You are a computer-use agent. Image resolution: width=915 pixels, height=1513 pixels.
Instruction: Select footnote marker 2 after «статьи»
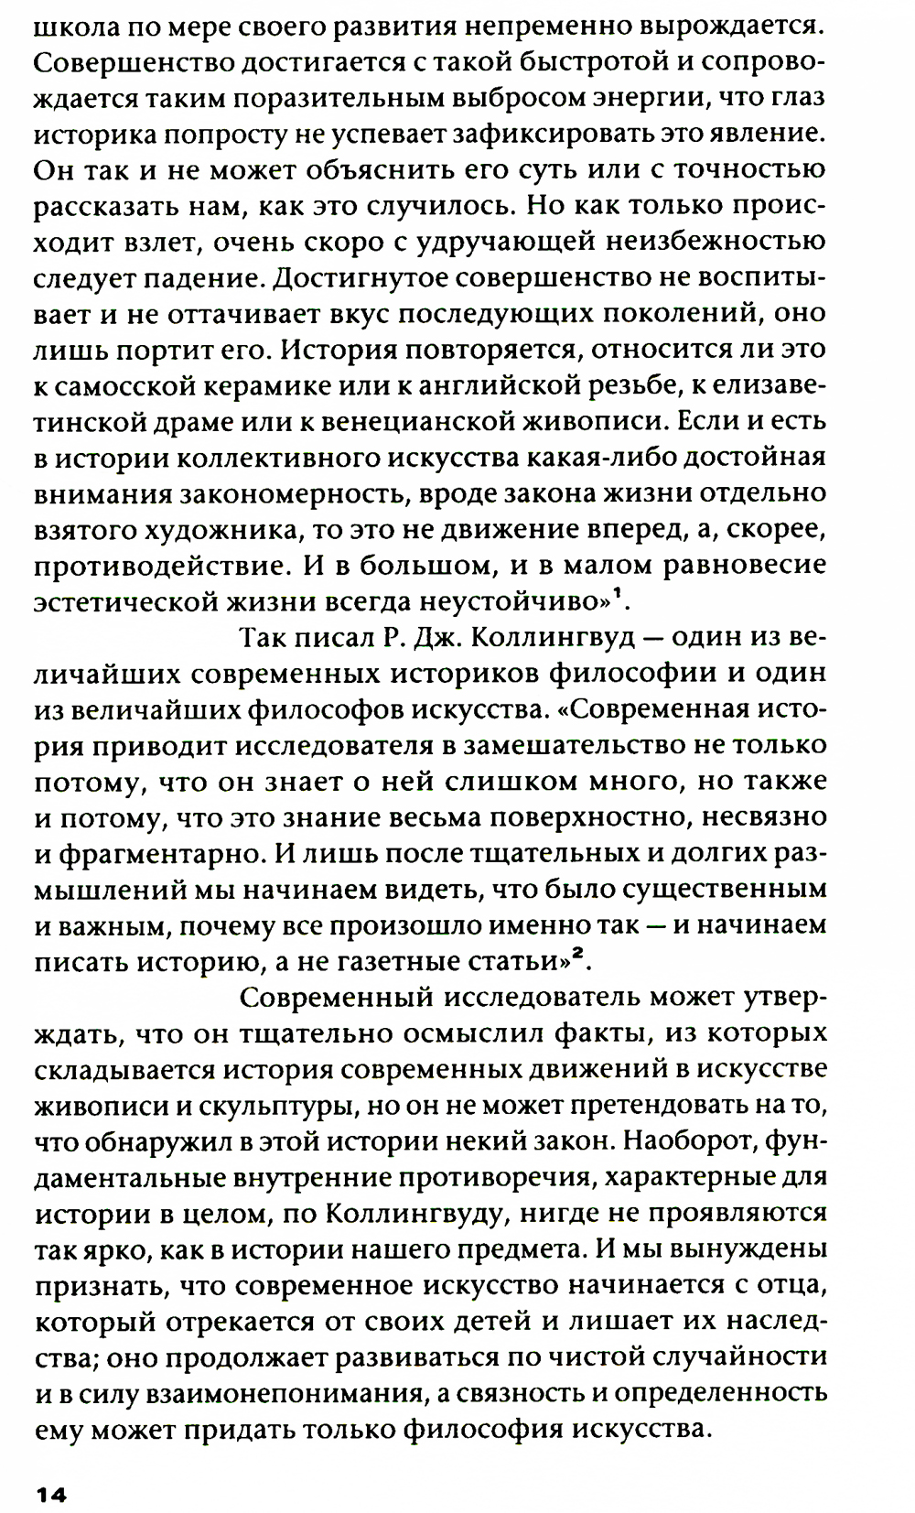578,955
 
